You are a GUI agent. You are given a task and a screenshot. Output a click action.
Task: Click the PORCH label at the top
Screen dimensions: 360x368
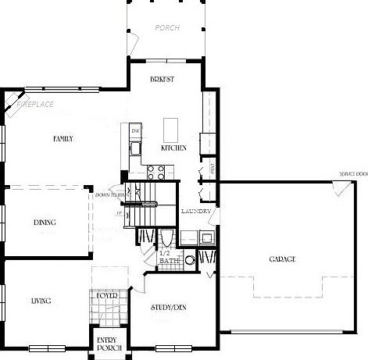pyautogui.click(x=168, y=27)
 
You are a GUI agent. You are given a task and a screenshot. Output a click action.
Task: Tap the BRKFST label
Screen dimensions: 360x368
pyautogui.click(x=163, y=80)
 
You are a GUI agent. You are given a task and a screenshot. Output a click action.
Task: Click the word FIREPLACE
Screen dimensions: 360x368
pyautogui.click(x=35, y=102)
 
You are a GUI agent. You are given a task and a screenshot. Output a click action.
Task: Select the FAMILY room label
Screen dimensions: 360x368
pyautogui.click(x=63, y=139)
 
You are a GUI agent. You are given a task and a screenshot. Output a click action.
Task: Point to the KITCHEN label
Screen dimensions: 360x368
pyautogui.click(x=173, y=148)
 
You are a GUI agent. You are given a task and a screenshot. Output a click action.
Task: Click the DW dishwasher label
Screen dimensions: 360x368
pyautogui.click(x=134, y=130)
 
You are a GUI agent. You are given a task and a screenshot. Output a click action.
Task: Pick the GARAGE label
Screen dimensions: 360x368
pyautogui.click(x=282, y=258)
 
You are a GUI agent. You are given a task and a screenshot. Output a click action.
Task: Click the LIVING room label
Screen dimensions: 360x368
pyautogui.click(x=42, y=300)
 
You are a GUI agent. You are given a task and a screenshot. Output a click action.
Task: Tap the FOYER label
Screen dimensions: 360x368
pyautogui.click(x=106, y=296)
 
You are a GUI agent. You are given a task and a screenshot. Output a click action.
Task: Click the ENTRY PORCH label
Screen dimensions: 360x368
pyautogui.click(x=107, y=344)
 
